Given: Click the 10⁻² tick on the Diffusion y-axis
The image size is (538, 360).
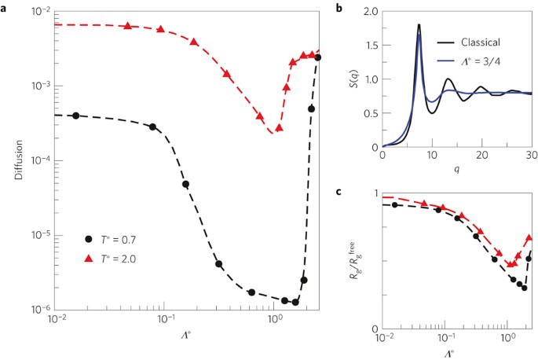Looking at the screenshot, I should tap(40, 11).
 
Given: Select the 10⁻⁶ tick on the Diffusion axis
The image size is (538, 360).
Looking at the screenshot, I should tap(40, 310).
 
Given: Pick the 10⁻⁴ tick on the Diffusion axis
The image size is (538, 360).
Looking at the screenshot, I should tap(40, 160).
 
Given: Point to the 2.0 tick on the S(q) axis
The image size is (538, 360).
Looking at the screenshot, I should tap(370, 12).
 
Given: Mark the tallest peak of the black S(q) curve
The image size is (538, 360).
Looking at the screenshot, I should tap(419, 25).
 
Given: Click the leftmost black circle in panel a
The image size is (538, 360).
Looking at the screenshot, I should tap(75, 116).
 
